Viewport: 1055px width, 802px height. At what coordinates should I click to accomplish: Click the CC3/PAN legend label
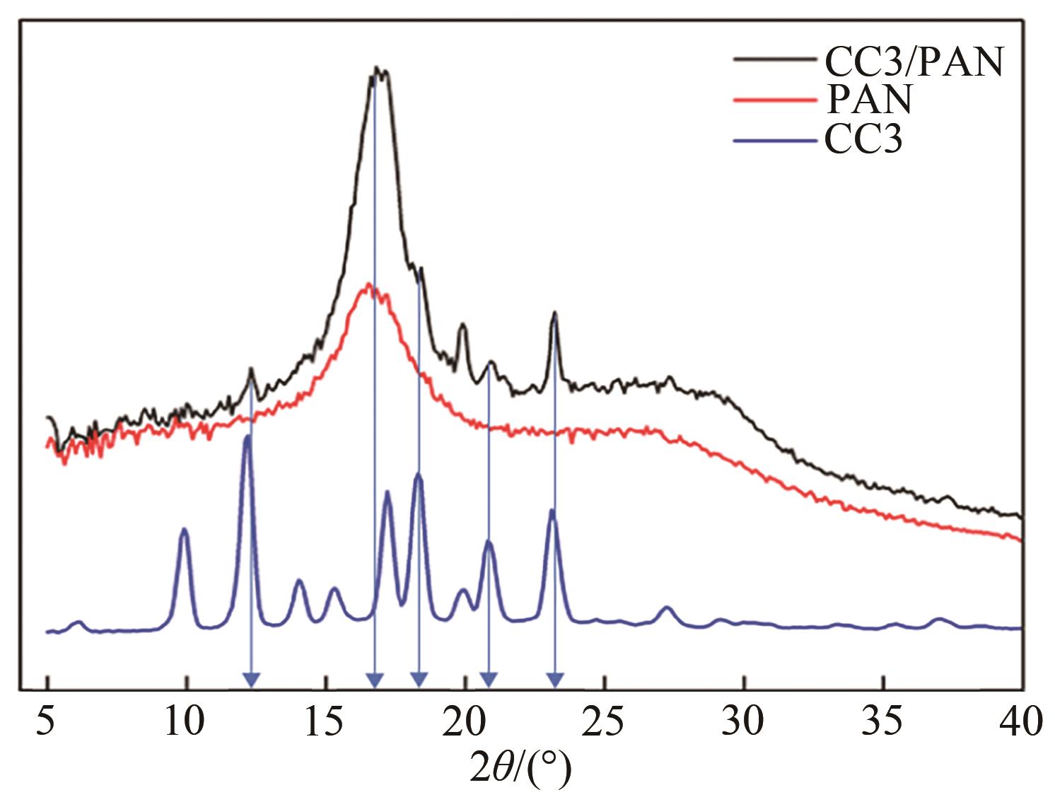914,62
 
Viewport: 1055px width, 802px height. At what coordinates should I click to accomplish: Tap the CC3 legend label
863,139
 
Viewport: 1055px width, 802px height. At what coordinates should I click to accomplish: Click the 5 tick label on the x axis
47,722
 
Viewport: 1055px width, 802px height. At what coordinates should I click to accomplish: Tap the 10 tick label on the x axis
185,722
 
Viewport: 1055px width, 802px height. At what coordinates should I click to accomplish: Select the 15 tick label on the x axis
325,722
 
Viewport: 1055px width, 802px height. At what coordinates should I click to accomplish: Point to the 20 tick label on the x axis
464,722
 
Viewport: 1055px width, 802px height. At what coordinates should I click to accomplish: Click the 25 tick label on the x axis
603,722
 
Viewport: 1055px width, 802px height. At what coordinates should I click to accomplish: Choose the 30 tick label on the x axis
743,722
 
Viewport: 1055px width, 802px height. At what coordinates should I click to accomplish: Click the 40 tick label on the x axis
1021,722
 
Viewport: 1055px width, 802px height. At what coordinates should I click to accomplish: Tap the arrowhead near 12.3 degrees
251,680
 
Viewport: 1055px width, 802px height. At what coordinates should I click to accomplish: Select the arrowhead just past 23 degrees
556,680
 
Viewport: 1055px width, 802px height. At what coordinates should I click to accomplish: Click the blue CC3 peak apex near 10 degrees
184,529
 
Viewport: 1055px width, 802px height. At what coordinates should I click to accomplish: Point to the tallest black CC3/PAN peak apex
378,69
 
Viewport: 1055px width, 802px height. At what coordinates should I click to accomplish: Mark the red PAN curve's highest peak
368,284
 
